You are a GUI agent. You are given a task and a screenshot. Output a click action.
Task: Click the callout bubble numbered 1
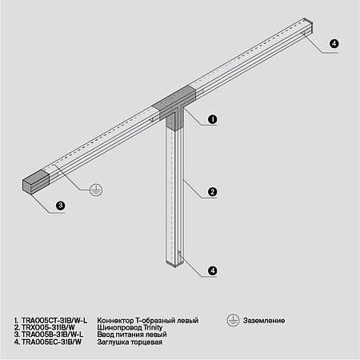pos(213,119)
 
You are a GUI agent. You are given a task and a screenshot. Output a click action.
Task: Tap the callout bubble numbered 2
pos(213,191)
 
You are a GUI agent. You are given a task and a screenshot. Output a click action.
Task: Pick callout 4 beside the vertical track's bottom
pos(213,270)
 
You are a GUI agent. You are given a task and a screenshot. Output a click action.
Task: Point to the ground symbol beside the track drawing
pos(94,189)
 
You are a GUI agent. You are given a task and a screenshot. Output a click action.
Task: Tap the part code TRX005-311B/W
pos(48,327)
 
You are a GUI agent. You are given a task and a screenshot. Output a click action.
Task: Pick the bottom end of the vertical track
pos(175,260)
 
